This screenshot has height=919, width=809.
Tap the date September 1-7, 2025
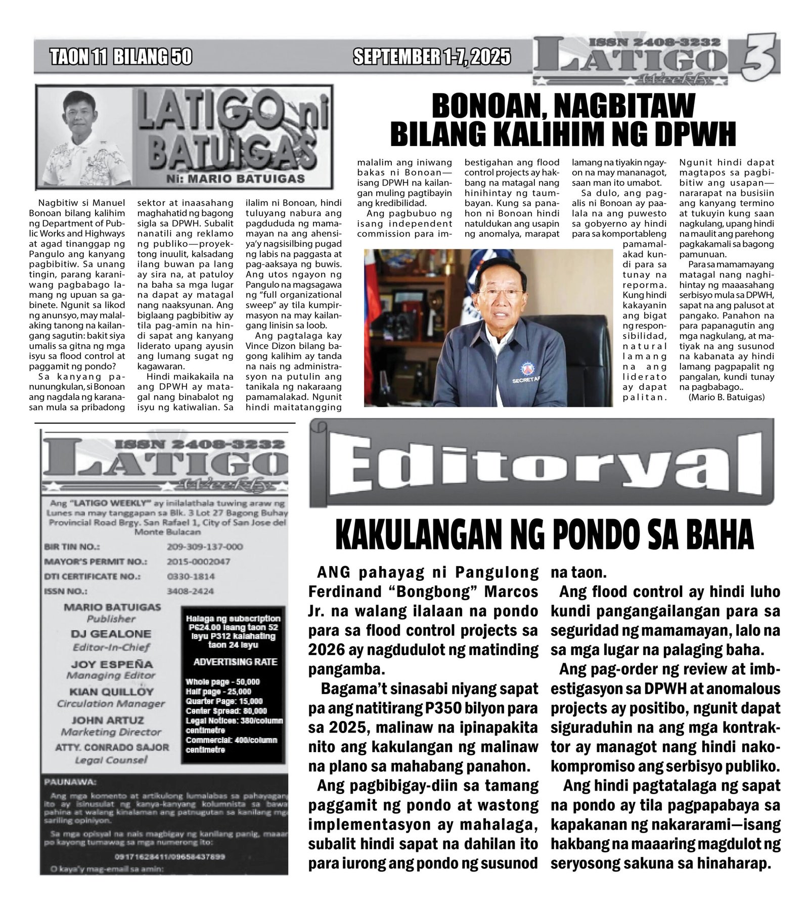(x=431, y=57)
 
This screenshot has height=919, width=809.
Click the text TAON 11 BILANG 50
(x=121, y=57)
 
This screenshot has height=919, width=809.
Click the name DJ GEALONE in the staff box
(x=111, y=633)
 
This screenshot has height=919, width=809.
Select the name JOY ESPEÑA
(x=111, y=664)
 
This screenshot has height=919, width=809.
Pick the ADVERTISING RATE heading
(x=235, y=662)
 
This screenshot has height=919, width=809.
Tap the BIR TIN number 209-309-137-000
(x=204, y=546)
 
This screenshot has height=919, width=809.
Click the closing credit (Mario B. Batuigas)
(x=726, y=397)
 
